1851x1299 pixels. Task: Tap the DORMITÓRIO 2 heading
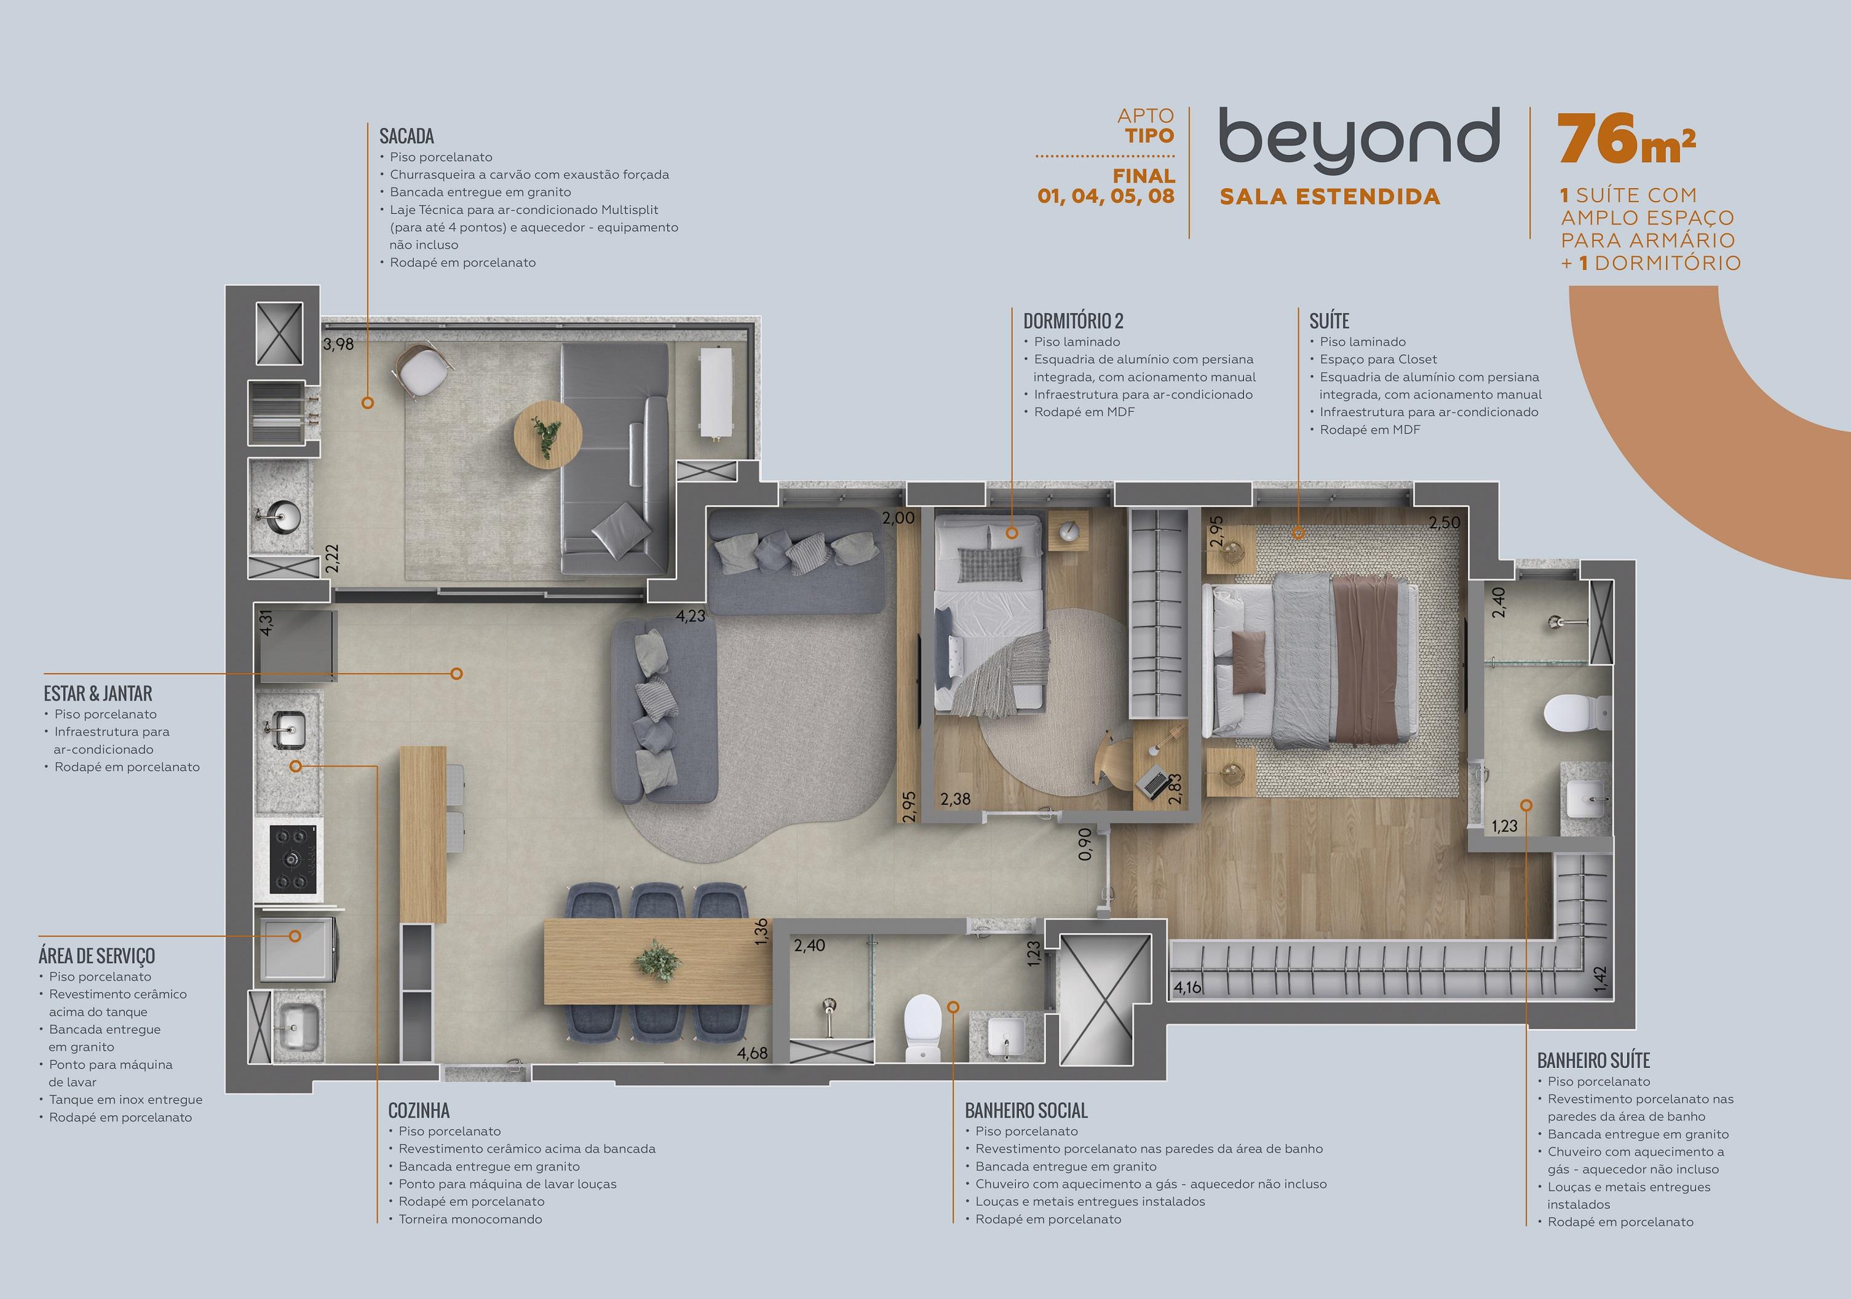1073,321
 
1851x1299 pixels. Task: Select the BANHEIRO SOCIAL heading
1026,1110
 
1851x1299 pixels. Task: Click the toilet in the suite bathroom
1571,713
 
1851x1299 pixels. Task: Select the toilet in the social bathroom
923,1027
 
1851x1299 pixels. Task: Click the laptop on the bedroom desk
1154,780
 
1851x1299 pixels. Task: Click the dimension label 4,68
752,1052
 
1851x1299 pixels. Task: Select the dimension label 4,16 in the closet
1187,987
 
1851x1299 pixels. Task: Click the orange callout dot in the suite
1298,532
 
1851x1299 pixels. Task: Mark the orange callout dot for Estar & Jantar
456,674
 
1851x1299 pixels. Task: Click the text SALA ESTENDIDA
1330,197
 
